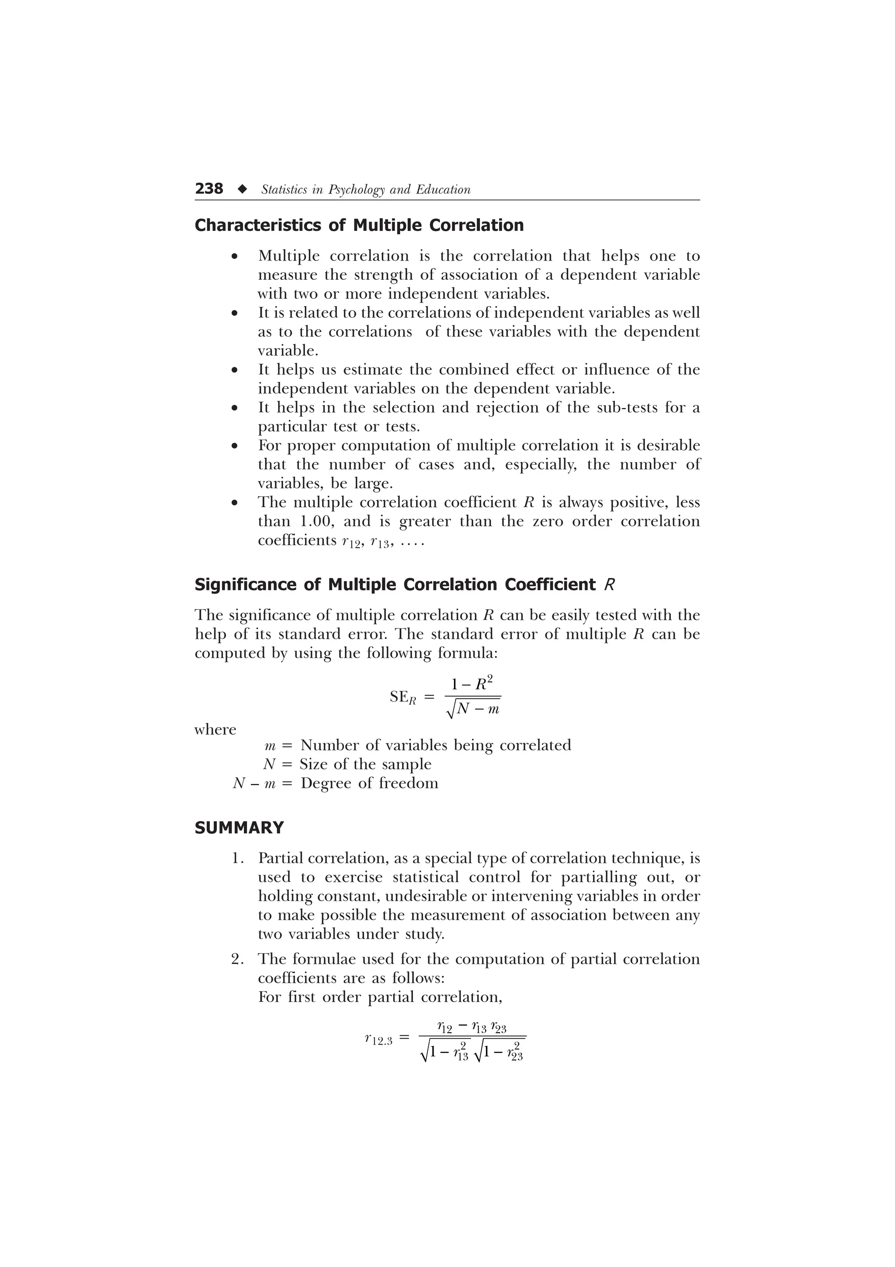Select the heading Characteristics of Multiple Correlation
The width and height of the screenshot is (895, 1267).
(x=359, y=225)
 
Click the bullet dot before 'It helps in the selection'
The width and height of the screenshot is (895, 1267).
(x=235, y=409)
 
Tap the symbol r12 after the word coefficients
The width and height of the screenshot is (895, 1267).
(x=351, y=541)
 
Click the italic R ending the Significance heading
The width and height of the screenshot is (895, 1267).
(x=609, y=585)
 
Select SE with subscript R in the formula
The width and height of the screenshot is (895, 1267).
(x=402, y=697)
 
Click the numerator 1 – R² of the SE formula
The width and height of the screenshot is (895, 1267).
(x=472, y=685)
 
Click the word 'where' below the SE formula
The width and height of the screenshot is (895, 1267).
(x=215, y=730)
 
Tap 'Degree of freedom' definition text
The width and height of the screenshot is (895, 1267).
(x=369, y=783)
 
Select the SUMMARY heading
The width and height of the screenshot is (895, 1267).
(x=239, y=828)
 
